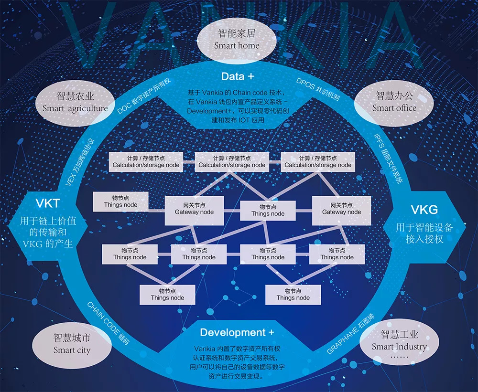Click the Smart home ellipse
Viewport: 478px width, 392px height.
coord(237,40)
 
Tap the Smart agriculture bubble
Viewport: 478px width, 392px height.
coord(76,103)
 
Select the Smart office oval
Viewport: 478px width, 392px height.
coord(394,103)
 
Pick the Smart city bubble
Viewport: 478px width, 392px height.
coord(72,344)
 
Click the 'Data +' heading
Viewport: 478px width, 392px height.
coord(238,76)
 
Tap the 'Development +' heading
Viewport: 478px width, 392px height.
coord(237,332)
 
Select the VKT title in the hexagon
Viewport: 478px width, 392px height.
coord(47,203)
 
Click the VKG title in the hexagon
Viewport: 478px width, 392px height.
coord(424,210)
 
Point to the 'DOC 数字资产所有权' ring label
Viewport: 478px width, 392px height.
coord(144,96)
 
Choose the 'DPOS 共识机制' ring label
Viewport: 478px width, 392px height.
coord(318,89)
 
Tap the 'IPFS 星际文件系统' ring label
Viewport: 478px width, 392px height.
coord(388,159)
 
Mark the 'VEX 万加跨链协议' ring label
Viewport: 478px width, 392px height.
coord(80,163)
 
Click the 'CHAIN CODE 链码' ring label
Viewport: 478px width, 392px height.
coord(108,323)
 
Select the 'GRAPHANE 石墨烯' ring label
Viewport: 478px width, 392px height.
coord(350,334)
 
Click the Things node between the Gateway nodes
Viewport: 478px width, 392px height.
coord(268,211)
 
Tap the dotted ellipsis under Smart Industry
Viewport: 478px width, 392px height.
coord(399,357)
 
